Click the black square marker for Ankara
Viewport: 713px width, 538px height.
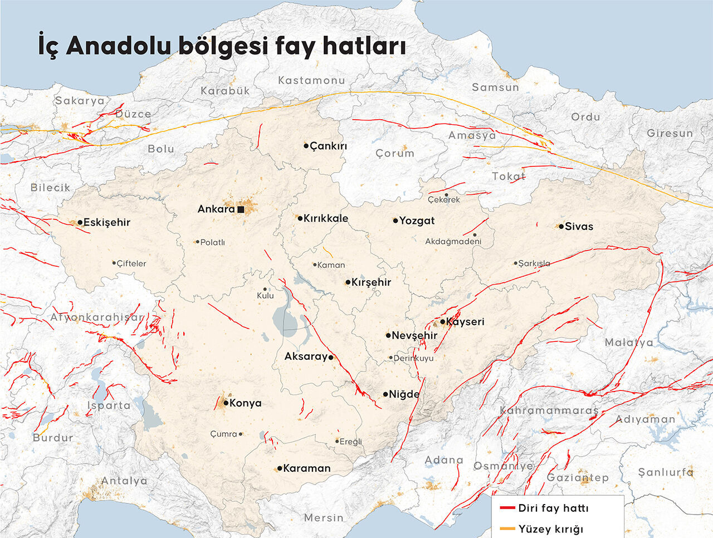point(241,209)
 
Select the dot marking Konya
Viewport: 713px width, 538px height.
point(226,403)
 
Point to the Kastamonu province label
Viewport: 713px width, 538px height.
point(311,80)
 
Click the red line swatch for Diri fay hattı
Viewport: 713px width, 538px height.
point(507,508)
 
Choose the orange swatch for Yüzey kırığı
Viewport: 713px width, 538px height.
point(507,529)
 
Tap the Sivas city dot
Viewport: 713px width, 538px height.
point(561,226)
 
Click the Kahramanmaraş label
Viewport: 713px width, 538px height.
point(549,410)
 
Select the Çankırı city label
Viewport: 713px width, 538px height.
point(328,146)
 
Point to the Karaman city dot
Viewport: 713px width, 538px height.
point(279,468)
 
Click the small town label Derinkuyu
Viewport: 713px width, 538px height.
point(413,358)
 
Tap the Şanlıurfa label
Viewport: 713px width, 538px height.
point(666,472)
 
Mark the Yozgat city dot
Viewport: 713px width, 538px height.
point(395,221)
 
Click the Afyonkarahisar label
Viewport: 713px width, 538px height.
point(97,317)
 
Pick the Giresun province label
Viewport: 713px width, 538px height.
point(670,133)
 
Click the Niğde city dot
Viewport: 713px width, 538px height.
point(385,394)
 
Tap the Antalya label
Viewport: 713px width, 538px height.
point(124,481)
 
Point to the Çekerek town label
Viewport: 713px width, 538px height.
point(444,199)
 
